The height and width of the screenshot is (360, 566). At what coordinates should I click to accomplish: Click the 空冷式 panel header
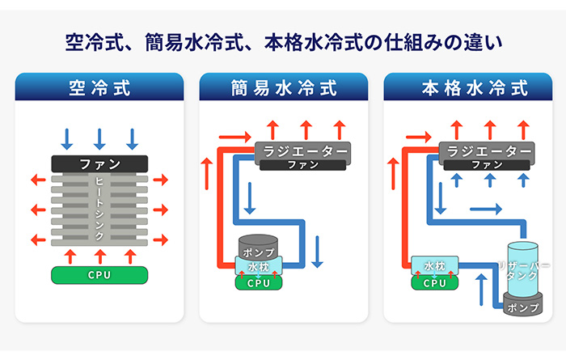(99, 87)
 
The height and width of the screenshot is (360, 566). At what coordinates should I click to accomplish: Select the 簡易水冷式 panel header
(284, 87)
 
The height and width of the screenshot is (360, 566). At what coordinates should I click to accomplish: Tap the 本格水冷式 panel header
(468, 87)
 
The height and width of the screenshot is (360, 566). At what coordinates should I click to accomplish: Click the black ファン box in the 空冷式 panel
(99, 164)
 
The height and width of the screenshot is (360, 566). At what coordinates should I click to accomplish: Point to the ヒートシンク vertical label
(99, 209)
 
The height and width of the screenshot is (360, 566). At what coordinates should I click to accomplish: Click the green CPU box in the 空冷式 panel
(99, 275)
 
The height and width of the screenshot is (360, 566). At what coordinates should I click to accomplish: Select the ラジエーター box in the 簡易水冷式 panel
(303, 151)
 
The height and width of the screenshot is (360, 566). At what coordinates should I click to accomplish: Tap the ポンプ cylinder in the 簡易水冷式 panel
(258, 247)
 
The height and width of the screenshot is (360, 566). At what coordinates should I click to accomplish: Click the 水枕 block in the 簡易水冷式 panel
(259, 266)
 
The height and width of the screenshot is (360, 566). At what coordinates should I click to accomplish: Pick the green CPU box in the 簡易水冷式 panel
(259, 282)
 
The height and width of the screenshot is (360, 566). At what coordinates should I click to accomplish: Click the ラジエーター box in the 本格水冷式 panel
(487, 151)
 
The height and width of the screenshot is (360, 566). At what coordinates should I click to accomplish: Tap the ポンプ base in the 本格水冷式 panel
(523, 306)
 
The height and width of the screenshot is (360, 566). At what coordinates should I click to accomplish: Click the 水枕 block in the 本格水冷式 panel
(435, 266)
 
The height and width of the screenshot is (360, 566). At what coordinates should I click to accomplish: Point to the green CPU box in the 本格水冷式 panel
(435, 282)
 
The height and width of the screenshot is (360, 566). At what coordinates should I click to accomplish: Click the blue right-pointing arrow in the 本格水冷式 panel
(486, 209)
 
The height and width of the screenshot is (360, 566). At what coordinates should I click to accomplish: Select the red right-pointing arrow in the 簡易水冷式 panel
(235, 137)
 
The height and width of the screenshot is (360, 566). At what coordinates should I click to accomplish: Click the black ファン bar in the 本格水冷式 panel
(487, 165)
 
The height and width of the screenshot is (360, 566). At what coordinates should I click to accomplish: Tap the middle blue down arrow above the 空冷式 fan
(99, 139)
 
